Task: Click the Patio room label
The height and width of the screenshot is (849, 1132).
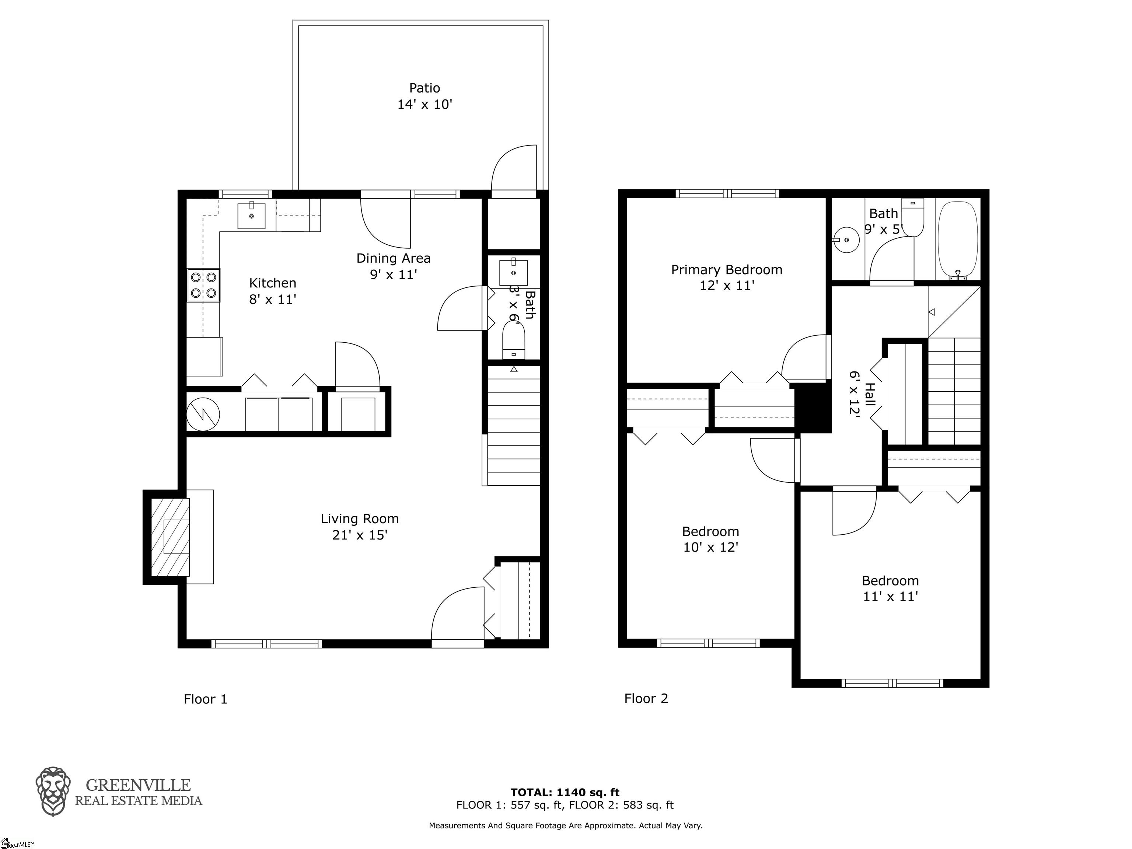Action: (425, 96)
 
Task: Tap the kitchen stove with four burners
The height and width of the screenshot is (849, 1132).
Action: (203, 285)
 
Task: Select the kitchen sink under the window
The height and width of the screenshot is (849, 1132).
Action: (251, 216)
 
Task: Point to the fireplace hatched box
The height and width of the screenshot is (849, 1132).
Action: (170, 537)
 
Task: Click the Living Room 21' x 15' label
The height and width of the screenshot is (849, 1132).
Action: (360, 527)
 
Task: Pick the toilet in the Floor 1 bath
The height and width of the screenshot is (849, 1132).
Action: (514, 340)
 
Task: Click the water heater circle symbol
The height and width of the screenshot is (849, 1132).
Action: (203, 414)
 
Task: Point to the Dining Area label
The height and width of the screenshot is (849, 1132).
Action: (394, 266)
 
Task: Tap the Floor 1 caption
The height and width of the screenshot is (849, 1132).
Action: (205, 699)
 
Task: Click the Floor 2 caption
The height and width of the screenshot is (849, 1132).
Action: (646, 699)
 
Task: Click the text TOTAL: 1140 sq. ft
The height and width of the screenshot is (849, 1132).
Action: (565, 793)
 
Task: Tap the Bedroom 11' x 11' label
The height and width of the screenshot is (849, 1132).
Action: (890, 588)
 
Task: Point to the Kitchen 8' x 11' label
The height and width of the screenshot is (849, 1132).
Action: (273, 291)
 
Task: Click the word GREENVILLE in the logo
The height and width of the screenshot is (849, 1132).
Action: (138, 785)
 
